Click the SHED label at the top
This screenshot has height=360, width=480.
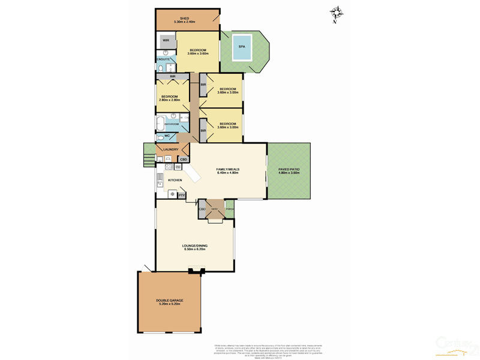(x=185, y=18)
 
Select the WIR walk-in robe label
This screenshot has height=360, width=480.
(x=166, y=41)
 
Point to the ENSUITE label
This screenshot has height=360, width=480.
(x=163, y=59)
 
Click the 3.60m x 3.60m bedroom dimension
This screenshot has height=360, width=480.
(x=197, y=53)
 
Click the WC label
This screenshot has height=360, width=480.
(x=167, y=136)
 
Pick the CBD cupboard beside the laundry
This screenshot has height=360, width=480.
(x=183, y=159)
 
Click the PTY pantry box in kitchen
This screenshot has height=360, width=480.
(x=181, y=195)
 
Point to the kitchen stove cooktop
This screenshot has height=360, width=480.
(x=172, y=194)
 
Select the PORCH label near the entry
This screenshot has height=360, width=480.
(x=230, y=209)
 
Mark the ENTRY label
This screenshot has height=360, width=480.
(x=214, y=209)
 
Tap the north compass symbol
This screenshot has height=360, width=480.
(x=337, y=13)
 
